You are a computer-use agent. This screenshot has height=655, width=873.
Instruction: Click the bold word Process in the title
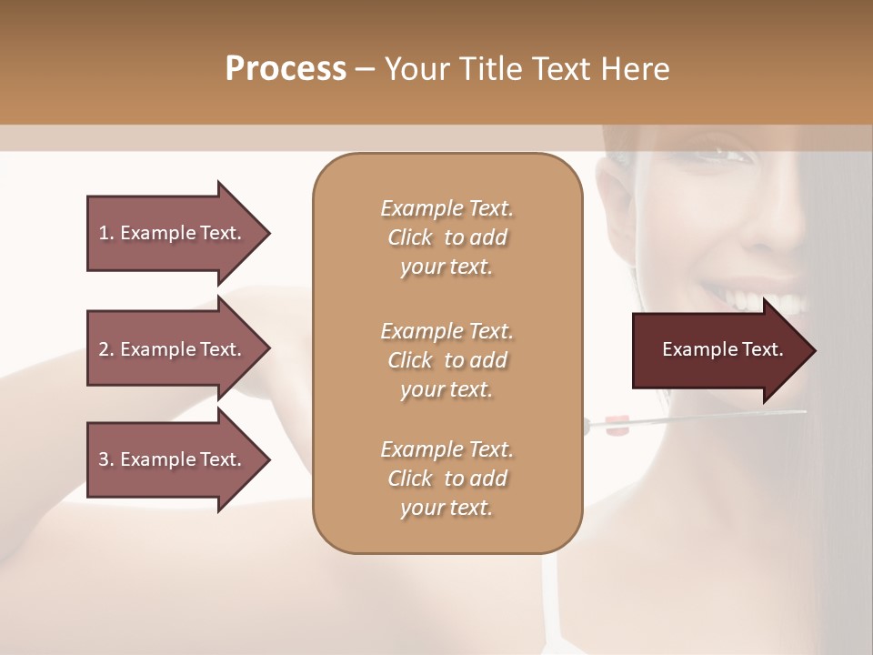point(286,68)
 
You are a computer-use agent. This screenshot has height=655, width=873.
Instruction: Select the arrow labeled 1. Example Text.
point(173,233)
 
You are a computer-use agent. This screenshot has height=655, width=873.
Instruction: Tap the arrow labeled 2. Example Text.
point(173,349)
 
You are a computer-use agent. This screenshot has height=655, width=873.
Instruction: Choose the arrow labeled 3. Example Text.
point(173,459)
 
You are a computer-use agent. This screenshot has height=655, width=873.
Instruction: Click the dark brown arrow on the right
point(718,350)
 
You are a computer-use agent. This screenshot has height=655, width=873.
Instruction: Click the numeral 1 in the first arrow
point(103,233)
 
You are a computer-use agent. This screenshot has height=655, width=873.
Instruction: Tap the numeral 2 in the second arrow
point(104,349)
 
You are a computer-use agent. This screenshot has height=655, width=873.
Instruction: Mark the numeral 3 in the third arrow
point(104,459)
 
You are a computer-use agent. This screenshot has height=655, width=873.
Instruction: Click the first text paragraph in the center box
point(447,237)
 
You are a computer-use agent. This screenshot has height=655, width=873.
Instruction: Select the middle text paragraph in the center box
point(447,359)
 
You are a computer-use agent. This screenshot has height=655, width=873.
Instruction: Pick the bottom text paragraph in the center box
point(447,479)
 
